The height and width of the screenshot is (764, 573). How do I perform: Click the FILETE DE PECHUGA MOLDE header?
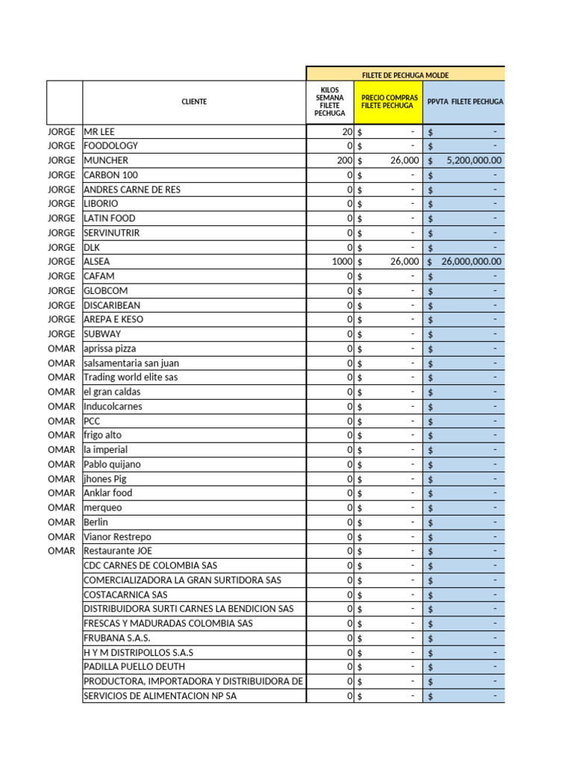405,75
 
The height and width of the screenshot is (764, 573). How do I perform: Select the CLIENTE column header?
194,101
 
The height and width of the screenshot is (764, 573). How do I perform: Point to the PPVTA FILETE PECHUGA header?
465,101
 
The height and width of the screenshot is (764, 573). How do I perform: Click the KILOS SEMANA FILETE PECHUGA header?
330,101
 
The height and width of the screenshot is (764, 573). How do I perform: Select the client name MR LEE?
100,131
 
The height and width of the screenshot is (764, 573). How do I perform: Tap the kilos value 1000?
342,262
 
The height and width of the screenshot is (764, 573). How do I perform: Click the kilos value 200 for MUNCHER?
345,160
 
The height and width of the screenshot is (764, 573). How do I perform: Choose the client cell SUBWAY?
102,334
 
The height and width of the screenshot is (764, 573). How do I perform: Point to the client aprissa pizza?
110,348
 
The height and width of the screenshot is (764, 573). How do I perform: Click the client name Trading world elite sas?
131,378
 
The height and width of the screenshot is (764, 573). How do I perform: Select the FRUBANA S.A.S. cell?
117,638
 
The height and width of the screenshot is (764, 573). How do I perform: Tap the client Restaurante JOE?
118,551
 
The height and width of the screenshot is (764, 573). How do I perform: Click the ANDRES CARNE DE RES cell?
132,190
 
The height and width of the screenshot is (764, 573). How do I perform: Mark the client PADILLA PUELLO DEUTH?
134,666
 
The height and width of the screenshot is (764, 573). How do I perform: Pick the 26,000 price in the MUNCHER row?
404,160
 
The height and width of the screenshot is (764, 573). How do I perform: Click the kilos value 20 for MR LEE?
347,131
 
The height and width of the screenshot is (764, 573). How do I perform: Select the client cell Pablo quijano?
112,464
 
